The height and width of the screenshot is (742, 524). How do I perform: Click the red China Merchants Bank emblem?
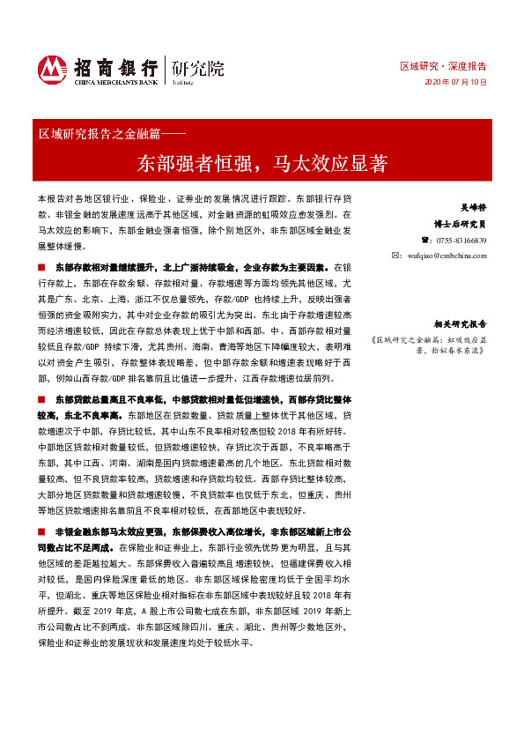[52, 69]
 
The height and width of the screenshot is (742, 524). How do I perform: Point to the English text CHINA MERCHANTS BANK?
[114, 81]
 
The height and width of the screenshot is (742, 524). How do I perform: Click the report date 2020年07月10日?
[455, 82]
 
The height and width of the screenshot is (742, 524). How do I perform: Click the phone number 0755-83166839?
[461, 240]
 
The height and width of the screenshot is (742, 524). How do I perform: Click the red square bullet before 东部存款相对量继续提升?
[41, 265]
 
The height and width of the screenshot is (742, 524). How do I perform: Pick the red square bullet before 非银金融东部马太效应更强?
[41, 533]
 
